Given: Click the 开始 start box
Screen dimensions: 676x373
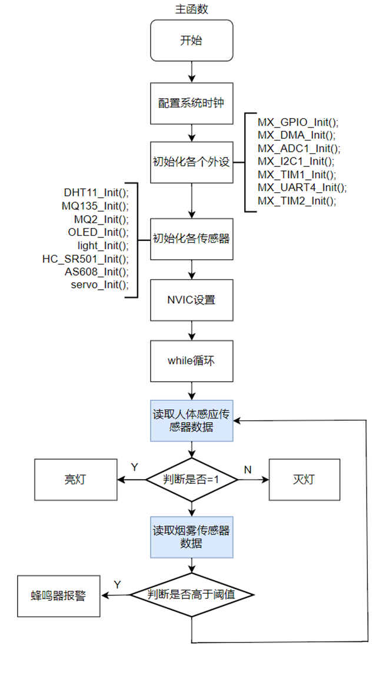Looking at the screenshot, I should pos(192,41).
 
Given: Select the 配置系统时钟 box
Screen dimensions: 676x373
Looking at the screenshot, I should pos(192,103).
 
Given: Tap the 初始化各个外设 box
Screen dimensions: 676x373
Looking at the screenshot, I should pos(192,162).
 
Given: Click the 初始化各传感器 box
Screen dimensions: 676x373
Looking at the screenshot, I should pos(192,239).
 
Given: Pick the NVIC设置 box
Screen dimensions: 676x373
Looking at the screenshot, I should pos(192,300).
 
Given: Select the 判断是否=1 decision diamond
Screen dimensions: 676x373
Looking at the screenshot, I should pos(192,480).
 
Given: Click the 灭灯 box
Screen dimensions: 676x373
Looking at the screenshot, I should pos(304,480).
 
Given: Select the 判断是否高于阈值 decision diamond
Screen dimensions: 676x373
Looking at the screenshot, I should pos(192,595).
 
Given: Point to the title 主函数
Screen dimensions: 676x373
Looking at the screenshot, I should pos(192,9).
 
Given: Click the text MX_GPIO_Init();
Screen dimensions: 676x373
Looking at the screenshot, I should pos(298,122).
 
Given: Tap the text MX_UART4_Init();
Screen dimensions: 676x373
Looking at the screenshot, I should pos(302,188).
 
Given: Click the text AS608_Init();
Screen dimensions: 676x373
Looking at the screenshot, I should pos(96,272).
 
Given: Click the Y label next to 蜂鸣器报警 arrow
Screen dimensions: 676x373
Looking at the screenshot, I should pos(117,584).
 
